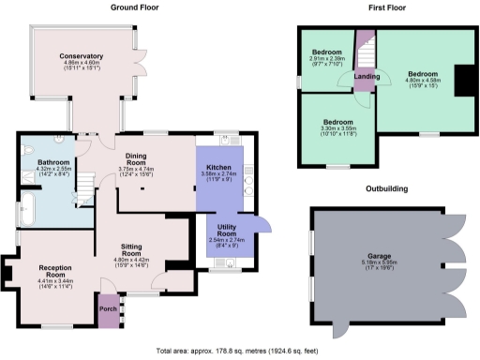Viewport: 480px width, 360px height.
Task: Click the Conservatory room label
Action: [x=80, y=56]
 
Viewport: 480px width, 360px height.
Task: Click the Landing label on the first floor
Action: [x=366, y=77]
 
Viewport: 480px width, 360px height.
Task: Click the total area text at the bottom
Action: [x=240, y=348]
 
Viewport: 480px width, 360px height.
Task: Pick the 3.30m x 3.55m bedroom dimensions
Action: [x=337, y=129]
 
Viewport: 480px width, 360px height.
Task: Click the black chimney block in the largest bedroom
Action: [x=461, y=80]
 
